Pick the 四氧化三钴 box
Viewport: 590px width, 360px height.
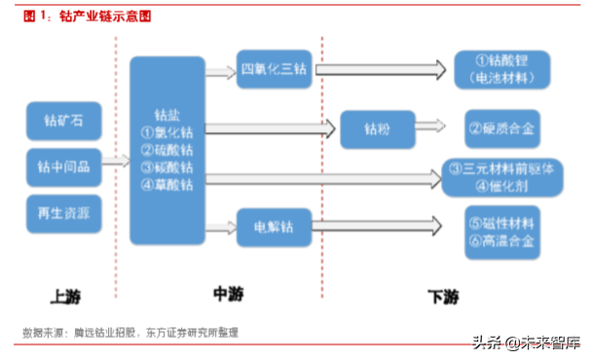(274, 71)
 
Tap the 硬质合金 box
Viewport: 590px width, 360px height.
(502, 127)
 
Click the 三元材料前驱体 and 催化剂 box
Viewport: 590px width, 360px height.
(504, 176)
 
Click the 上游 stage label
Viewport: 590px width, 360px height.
(64, 294)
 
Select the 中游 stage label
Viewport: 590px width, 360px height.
(226, 293)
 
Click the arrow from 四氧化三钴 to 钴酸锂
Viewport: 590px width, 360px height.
(380, 70)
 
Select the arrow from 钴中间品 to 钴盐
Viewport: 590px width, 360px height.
(114, 164)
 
